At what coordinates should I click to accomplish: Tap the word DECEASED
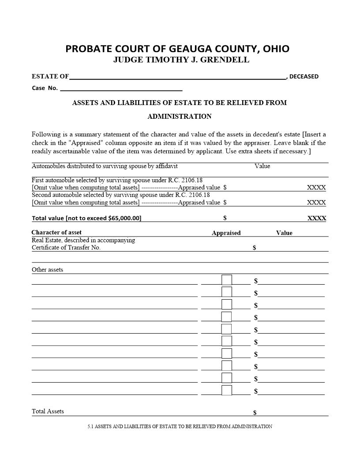point(304,76)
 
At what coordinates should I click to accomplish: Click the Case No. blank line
point(121,88)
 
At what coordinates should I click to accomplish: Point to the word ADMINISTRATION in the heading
point(179,116)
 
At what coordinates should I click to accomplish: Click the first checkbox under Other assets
point(226,280)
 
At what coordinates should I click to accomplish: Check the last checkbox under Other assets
point(226,391)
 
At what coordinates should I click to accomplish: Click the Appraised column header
point(226,233)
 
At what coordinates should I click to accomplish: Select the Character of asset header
point(56,233)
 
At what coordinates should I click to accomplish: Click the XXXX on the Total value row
point(316,218)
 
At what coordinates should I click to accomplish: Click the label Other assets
point(47,270)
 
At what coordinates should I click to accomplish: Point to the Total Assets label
point(48,411)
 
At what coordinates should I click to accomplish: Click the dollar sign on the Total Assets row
point(255,413)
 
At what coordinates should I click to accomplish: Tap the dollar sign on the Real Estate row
point(255,248)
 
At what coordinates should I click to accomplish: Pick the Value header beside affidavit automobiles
point(262,166)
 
